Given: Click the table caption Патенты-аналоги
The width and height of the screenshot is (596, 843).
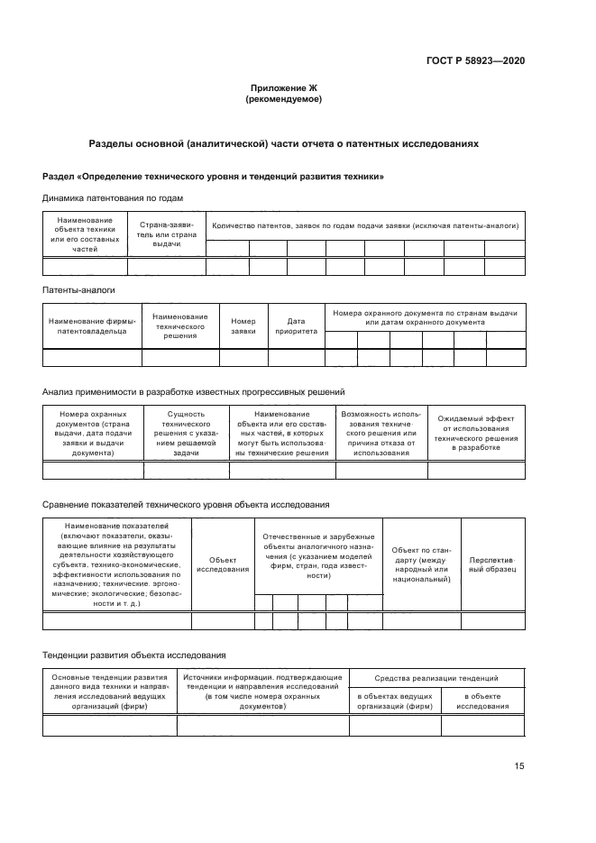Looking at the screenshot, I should coord(78,290).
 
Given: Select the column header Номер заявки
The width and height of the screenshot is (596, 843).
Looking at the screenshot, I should coord(243,325).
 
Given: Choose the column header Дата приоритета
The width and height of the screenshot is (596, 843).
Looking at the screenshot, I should coord(296,325).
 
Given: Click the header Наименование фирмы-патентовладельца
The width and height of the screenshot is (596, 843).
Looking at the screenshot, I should coord(93,325).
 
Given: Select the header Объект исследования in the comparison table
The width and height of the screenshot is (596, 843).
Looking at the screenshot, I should coord(223,564).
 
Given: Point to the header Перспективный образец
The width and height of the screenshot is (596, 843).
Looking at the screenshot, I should coord(492,564).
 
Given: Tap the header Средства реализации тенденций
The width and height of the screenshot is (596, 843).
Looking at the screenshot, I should coord(437,677).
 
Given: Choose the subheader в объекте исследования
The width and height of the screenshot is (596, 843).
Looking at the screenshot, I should coord(483,701).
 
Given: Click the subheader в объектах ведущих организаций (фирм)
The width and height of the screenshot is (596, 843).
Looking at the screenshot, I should coord(395,701).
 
